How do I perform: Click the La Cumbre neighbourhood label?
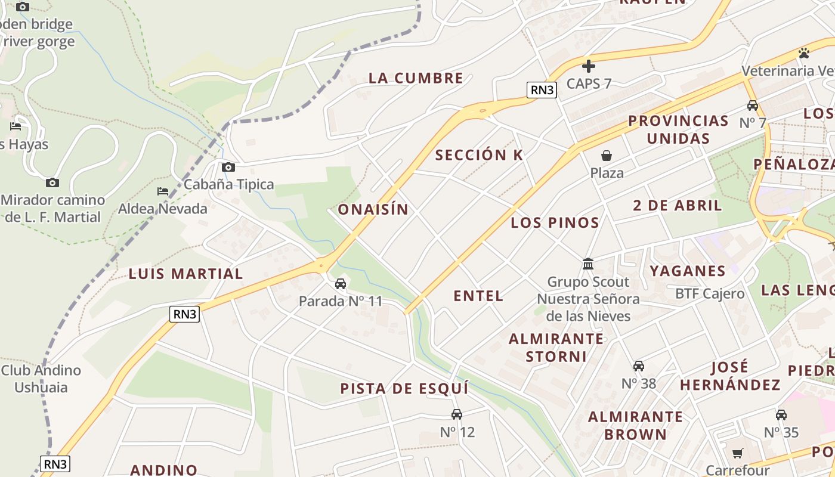pos(416,78)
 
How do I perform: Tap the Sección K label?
pos(479,155)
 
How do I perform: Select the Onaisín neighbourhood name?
pos(373,209)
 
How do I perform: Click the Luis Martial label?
pos(186,274)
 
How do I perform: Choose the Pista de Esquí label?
pos(404,389)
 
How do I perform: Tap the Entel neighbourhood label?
pos(478,296)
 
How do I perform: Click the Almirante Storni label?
pos(556,348)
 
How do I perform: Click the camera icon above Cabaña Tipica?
pos(228,168)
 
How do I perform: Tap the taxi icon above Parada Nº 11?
pos(341,284)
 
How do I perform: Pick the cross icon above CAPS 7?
pos(589,66)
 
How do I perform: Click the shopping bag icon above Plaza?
pos(607,156)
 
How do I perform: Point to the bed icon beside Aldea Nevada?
pos(163,191)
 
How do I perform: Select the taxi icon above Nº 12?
pos(457,414)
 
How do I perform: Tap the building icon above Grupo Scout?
pos(588,264)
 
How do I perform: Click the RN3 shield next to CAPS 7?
pos(542,90)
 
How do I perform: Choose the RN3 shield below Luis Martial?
pos(184,314)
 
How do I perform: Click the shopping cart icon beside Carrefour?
pos(738,454)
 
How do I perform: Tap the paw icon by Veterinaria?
pos(804,53)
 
